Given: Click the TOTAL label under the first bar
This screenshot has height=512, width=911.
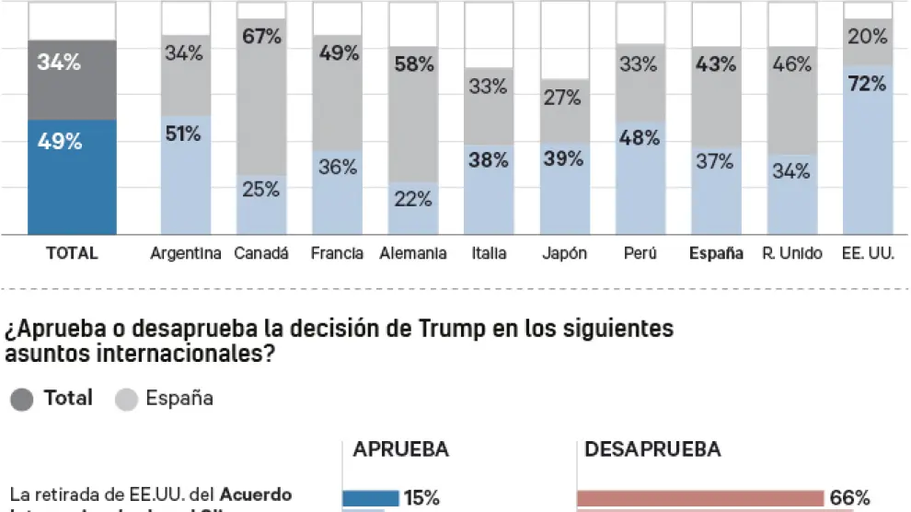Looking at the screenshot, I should point(72,253).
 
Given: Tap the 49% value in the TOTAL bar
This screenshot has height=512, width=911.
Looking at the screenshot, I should point(60,142).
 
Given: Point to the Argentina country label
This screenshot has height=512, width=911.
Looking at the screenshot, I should point(185,253).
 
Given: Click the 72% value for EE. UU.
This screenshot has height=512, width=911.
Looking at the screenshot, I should point(867,84).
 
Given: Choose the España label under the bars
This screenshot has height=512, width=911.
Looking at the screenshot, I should point(716,253).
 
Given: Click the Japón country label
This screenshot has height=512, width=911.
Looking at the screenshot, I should point(564,253).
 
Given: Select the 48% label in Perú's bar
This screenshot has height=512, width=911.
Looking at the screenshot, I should point(640,138).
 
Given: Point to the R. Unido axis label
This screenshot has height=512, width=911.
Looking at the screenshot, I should point(791,253).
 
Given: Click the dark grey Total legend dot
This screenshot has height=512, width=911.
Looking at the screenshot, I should point(22,399).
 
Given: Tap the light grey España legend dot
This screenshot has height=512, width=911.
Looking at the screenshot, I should point(127,399).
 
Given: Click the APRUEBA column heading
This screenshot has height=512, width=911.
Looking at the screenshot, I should point(400,449).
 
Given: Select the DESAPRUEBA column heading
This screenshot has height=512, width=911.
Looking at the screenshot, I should point(652,449).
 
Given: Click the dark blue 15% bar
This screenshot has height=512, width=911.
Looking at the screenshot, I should point(371,498).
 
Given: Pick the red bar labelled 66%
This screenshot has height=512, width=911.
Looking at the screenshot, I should point(699,498).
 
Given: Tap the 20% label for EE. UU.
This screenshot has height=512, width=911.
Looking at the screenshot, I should point(867,37).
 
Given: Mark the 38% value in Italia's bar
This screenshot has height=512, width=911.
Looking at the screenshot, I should point(488,160).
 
